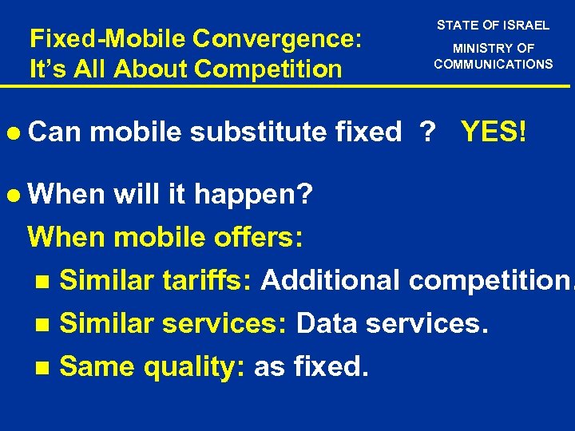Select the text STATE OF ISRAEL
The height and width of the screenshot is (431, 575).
(493, 26)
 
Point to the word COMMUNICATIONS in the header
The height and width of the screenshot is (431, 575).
(493, 64)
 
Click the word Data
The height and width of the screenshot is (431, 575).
(325, 323)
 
